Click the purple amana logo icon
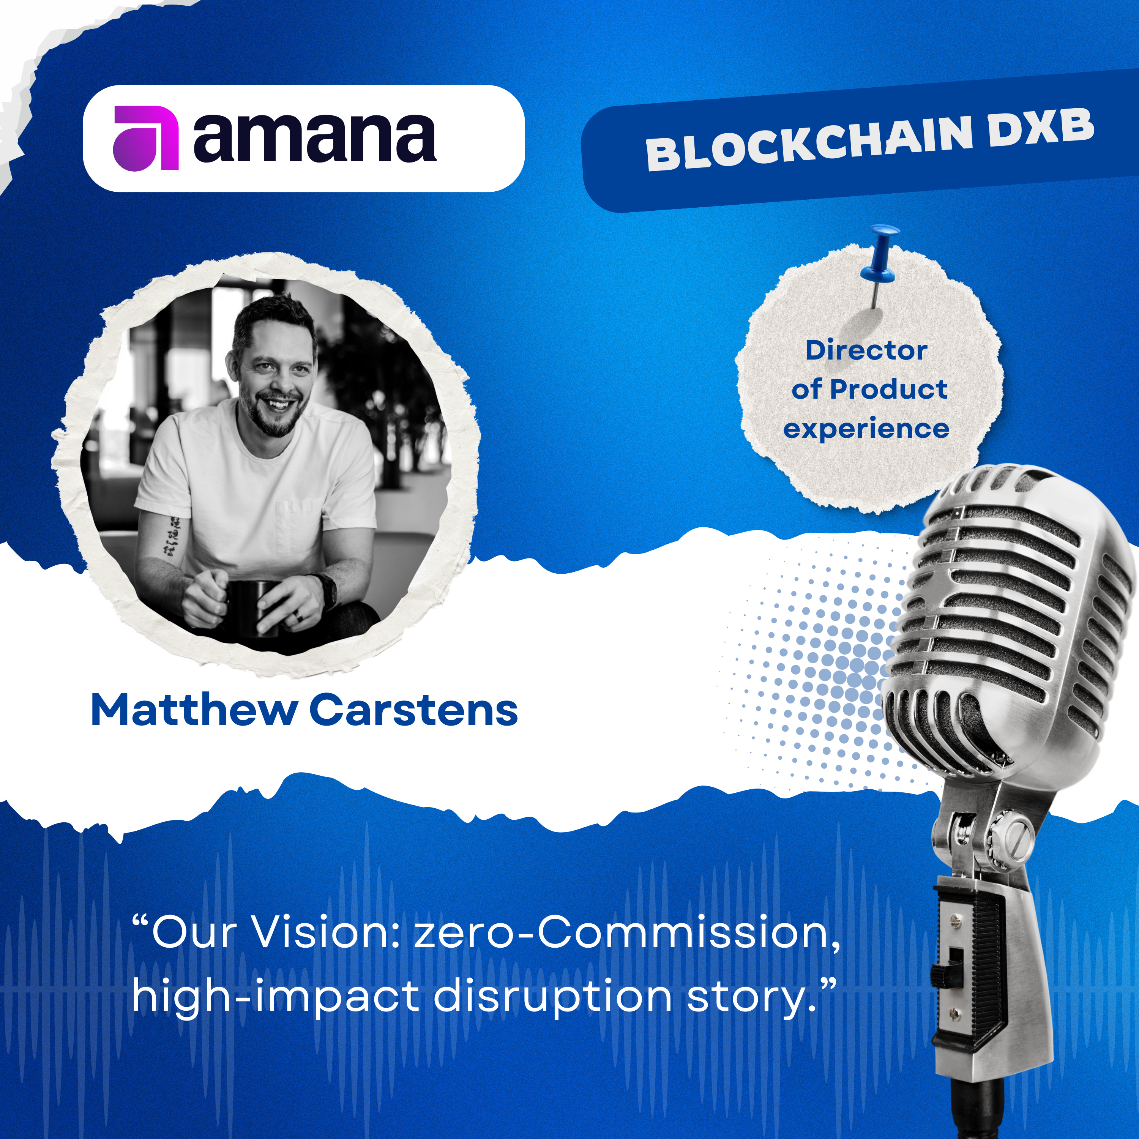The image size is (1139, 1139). click(x=146, y=138)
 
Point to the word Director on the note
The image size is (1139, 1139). click(x=866, y=350)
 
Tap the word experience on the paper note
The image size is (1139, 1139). click(x=866, y=429)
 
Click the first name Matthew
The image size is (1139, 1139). click(x=194, y=710)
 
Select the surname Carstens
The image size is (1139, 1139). click(x=414, y=710)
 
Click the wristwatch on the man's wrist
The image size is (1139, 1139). click(x=327, y=590)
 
